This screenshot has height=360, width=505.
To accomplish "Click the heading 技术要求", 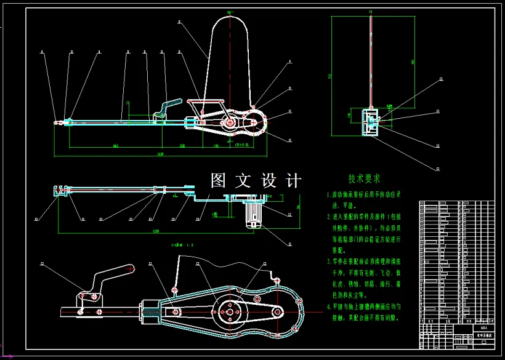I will tap(364, 179).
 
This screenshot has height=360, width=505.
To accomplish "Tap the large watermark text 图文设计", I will tap(256, 181).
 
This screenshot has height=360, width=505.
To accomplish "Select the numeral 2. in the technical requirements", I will tap(328, 217).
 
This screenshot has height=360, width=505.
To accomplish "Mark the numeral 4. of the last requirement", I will tap(328, 306).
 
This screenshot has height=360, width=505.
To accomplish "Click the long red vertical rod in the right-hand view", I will tap(371, 62).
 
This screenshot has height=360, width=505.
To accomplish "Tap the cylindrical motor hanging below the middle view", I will tap(253, 214).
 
